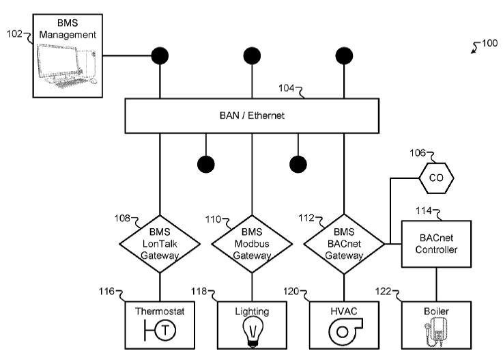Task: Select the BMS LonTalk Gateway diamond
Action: (160, 243)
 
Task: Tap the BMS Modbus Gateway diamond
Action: (253, 243)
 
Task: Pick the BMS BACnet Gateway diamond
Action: (344, 243)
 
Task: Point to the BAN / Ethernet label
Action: (253, 115)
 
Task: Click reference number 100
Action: (489, 44)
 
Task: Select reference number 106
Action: (418, 153)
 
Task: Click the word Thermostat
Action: (160, 311)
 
